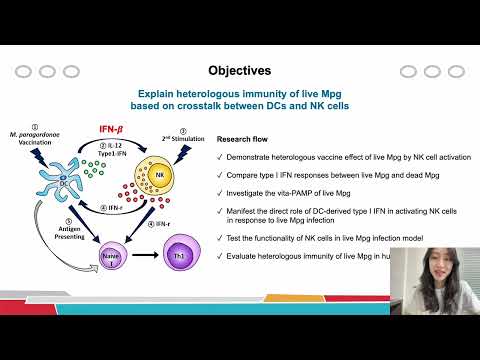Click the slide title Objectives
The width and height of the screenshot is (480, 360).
coord(239,71)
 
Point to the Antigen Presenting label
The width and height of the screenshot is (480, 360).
coord(53,229)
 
